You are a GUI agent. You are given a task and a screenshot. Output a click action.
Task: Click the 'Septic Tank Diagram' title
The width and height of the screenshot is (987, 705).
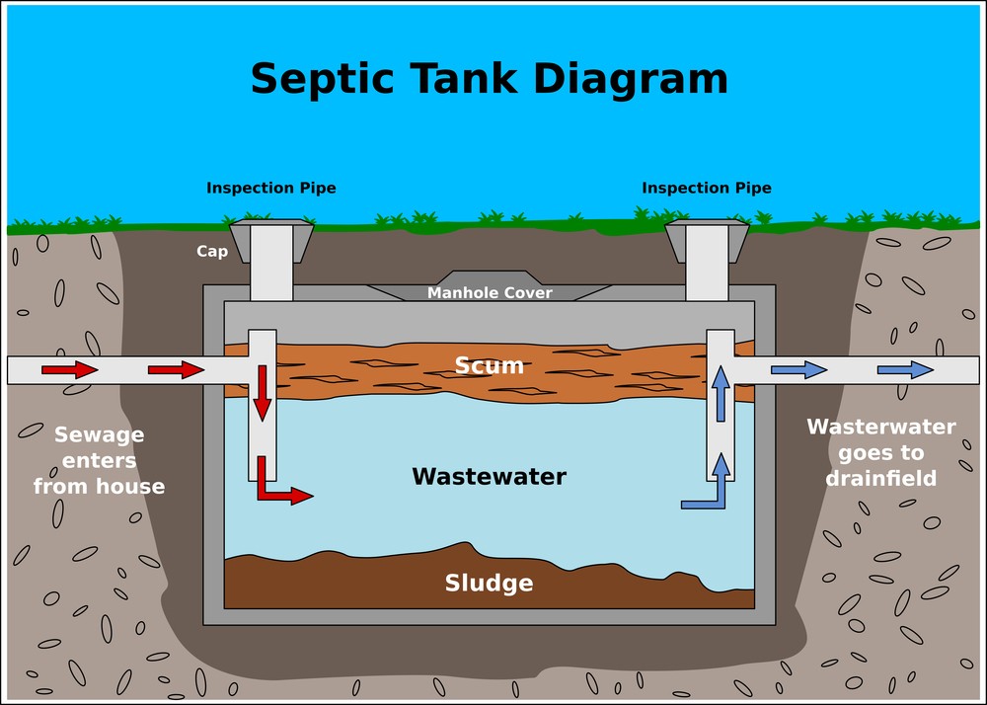pyautogui.click(x=489, y=79)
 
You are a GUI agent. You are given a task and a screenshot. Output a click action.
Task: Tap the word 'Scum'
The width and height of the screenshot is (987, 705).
pyautogui.click(x=489, y=365)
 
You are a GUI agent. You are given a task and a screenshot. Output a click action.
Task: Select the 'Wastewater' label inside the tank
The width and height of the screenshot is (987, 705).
pyautogui.click(x=489, y=477)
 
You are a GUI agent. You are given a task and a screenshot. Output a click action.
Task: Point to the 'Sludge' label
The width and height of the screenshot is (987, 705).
pyautogui.click(x=489, y=583)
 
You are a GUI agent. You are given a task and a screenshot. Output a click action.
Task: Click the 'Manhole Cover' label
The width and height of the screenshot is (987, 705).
pyautogui.click(x=490, y=293)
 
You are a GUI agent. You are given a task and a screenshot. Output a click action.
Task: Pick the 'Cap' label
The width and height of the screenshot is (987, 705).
pyautogui.click(x=212, y=251)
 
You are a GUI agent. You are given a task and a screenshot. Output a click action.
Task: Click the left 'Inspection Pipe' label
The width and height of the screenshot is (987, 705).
pyautogui.click(x=271, y=188)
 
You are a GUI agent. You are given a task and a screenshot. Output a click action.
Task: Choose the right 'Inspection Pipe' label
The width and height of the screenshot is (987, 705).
pyautogui.click(x=707, y=188)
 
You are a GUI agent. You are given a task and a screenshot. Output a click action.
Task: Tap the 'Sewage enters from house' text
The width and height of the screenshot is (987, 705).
pyautogui.click(x=99, y=460)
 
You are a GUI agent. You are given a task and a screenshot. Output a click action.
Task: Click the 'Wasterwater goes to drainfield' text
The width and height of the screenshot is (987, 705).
pyautogui.click(x=881, y=452)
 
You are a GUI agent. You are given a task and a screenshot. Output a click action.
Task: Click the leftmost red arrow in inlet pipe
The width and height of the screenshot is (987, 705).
pyautogui.click(x=70, y=369)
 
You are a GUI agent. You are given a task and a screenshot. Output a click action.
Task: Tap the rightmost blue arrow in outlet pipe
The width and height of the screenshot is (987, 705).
pyautogui.click(x=906, y=369)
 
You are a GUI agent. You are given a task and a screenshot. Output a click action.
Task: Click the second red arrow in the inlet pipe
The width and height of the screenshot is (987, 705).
pyautogui.click(x=176, y=369)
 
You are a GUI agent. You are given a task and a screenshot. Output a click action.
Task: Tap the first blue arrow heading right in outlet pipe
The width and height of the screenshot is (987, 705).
pyautogui.click(x=798, y=369)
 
